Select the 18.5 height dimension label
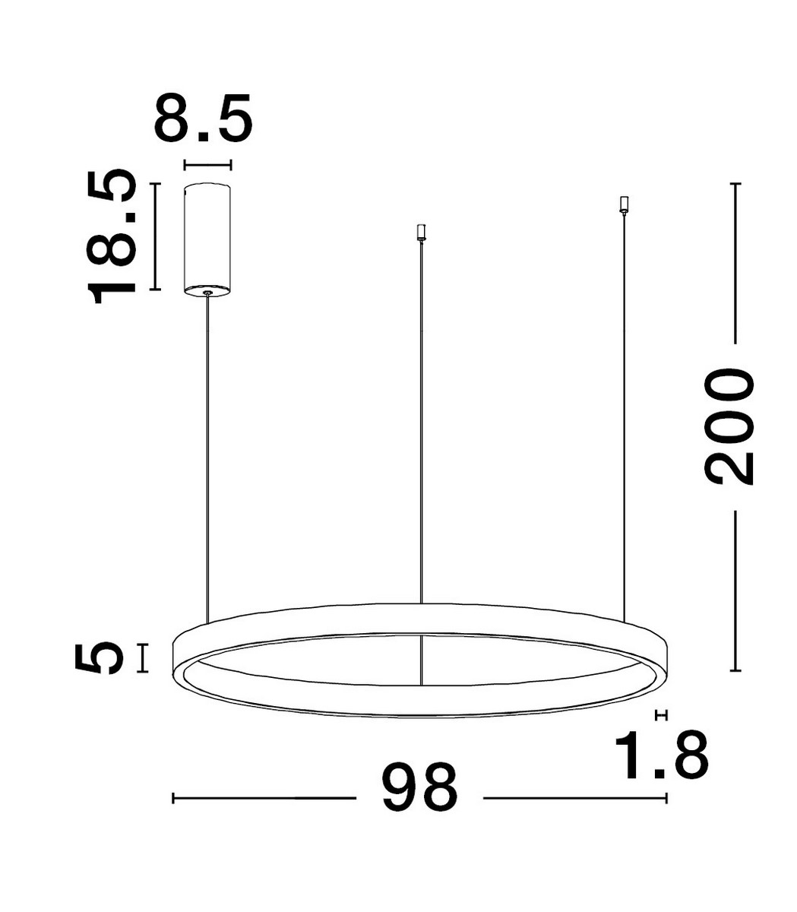(x=112, y=237)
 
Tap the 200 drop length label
(x=729, y=426)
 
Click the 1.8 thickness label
(x=662, y=755)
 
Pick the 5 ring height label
(x=99, y=657)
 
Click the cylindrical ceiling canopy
(x=207, y=237)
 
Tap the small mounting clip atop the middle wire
(x=420, y=232)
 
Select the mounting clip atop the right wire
(x=625, y=204)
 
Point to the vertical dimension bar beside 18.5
(x=155, y=236)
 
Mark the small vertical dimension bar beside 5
(x=142, y=657)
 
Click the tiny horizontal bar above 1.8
(x=660, y=715)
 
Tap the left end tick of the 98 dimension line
(x=174, y=798)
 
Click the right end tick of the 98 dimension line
(x=666, y=798)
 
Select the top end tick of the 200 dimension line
(x=735, y=184)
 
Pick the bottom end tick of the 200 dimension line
(x=735, y=670)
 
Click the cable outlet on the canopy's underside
(x=207, y=290)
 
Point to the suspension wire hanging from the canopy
(x=207, y=456)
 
